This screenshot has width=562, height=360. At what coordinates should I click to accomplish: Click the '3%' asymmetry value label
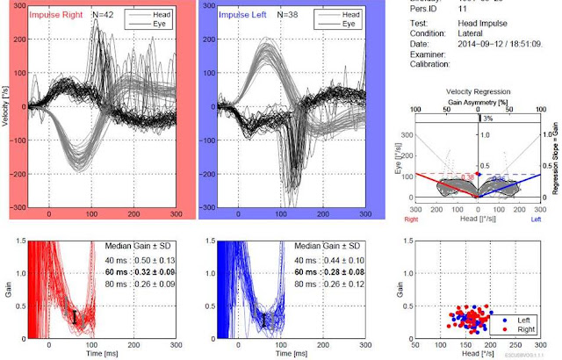pyautogui.click(x=486, y=119)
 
